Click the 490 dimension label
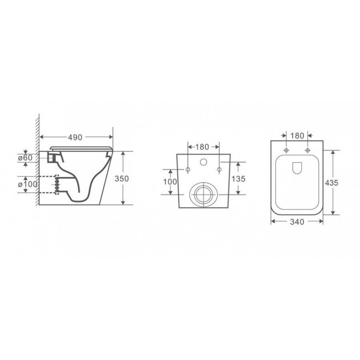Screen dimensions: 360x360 [x=75, y=137]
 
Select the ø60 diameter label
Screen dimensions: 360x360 [x=26, y=158]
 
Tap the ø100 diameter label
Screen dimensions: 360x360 [x=28, y=184]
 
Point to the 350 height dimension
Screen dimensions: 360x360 [x=122, y=178]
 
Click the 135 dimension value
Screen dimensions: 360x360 [x=238, y=178]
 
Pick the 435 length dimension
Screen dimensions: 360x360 [x=332, y=183]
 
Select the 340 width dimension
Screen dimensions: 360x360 [x=297, y=222]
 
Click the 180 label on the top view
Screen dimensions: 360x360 [x=297, y=136]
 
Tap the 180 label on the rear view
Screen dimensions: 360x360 [x=202, y=147]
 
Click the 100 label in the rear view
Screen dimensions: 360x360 [x=170, y=182]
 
